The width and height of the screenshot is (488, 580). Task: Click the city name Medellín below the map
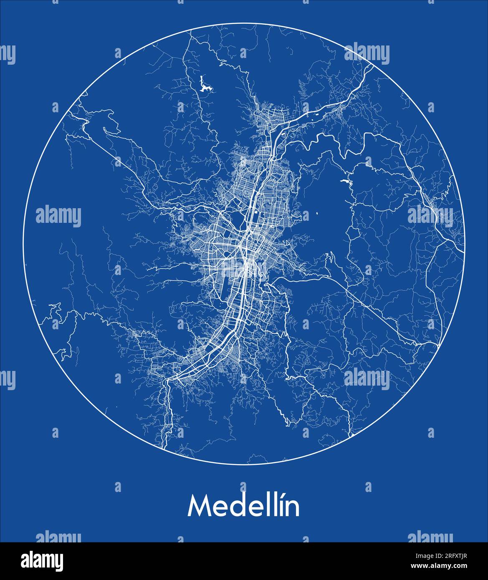[243, 506]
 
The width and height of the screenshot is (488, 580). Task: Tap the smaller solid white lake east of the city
[344, 182]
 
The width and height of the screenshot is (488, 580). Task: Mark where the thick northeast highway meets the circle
[372, 66]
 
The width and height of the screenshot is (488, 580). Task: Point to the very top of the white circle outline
[244, 23]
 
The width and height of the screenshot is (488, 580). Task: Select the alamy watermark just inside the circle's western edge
[58, 217]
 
